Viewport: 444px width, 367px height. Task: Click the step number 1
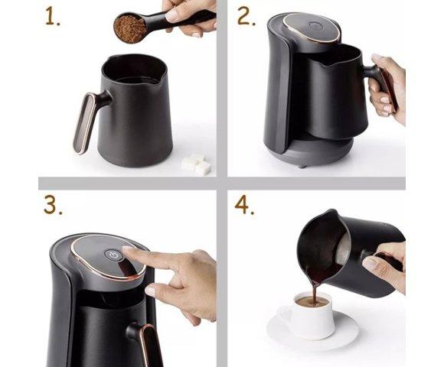click(52, 18)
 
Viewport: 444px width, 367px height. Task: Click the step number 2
click(246, 16)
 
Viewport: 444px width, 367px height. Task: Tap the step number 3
click(52, 204)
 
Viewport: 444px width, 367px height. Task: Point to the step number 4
click(244, 203)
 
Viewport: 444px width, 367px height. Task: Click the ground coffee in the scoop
click(130, 29)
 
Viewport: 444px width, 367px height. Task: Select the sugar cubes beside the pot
click(196, 164)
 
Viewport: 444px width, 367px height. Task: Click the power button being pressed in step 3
click(113, 255)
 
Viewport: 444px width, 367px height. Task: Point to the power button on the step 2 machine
click(315, 26)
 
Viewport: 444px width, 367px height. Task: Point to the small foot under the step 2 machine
click(302, 165)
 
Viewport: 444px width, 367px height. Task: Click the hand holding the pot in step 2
click(387, 89)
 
